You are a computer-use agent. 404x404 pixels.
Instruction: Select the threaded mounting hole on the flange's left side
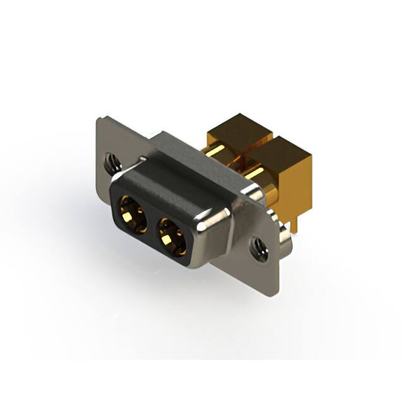[x=112, y=163]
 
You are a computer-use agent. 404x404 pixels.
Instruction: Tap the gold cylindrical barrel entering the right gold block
[x=259, y=174]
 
